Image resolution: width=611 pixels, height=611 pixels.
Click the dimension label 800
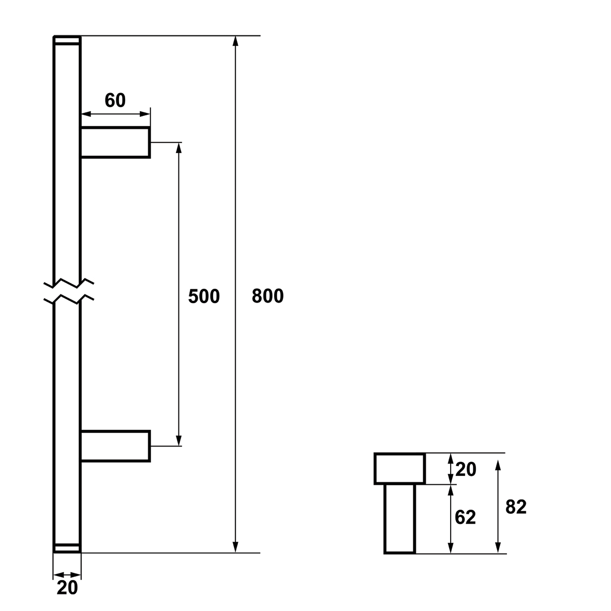[x=267, y=296]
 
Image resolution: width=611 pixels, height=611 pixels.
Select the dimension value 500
[x=204, y=296]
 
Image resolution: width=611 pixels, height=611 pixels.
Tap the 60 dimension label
[x=115, y=100]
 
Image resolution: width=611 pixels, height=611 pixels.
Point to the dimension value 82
[x=516, y=507]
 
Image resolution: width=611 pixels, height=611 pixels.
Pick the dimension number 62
[x=465, y=517]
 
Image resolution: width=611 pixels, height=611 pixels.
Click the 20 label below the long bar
[x=67, y=588]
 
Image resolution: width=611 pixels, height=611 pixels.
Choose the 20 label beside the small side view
[x=466, y=470]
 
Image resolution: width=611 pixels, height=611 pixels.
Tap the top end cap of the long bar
[x=67, y=40]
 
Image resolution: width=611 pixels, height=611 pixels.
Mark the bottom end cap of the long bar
[x=67, y=548]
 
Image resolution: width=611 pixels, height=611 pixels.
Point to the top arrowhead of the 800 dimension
[x=235, y=41]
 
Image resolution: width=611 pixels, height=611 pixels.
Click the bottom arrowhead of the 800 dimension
[x=235, y=547]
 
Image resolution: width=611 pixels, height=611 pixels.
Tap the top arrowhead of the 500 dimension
[x=179, y=147]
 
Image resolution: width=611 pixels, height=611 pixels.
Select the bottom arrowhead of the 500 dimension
[x=179, y=441]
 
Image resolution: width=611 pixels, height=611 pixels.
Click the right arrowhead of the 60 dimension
[x=145, y=114]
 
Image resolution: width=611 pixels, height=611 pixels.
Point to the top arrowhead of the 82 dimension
[x=498, y=465]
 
